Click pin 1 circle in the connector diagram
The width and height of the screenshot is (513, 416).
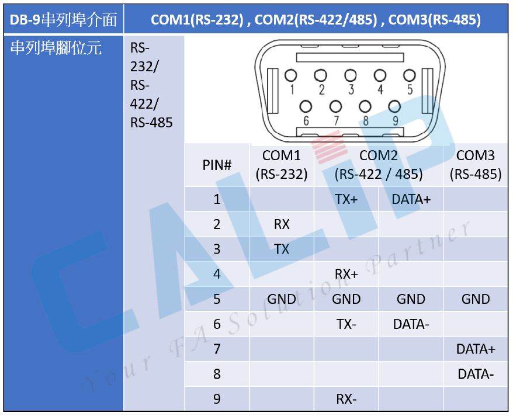290,75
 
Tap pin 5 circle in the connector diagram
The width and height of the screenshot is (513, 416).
409,75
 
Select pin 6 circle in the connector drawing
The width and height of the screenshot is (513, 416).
306,106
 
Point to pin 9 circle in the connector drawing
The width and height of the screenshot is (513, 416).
394,106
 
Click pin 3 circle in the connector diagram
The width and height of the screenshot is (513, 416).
351,75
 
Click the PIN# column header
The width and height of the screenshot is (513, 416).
217,165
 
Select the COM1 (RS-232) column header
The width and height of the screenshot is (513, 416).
282,165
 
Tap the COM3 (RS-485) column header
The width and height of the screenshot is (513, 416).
476,165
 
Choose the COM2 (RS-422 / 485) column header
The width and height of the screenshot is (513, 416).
379,165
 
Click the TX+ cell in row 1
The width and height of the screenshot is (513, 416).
346,199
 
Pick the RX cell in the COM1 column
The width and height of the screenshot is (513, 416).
282,224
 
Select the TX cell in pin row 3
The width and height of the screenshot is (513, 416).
282,249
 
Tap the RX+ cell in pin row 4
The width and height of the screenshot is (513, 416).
346,274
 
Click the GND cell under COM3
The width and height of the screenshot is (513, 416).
476,299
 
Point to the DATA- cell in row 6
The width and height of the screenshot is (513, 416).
411,324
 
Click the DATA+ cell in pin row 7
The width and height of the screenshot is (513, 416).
476,349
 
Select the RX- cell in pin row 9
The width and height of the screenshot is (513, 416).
346,399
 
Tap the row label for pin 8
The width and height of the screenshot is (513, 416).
217,374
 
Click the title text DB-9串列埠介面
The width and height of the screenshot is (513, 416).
63,20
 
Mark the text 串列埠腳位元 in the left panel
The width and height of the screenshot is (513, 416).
56,48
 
